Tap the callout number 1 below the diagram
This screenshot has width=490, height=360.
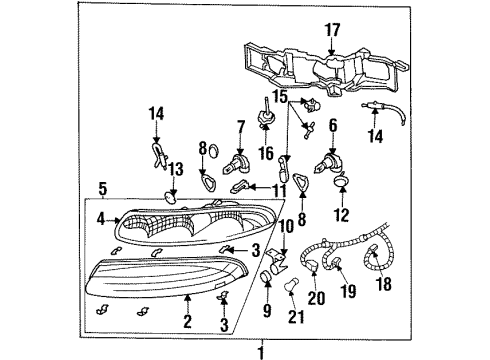click(x=260, y=351)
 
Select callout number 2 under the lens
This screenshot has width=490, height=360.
click(x=186, y=321)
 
